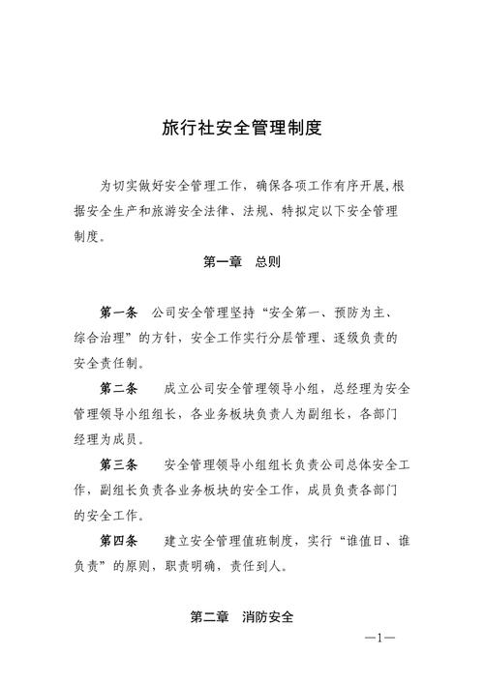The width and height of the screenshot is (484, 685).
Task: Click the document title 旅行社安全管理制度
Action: point(241,129)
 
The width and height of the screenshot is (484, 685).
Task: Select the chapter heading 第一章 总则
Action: point(242,261)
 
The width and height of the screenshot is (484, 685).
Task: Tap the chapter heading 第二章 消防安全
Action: point(242,617)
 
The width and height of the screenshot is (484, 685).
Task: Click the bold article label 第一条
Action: point(120,313)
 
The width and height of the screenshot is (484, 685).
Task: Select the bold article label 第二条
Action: point(120,389)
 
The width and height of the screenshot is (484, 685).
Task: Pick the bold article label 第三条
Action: point(120,464)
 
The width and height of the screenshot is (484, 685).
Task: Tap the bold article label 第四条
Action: point(120,540)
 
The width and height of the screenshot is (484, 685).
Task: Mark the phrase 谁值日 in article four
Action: point(363,540)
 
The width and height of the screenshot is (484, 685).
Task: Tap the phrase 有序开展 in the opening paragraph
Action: point(352,185)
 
